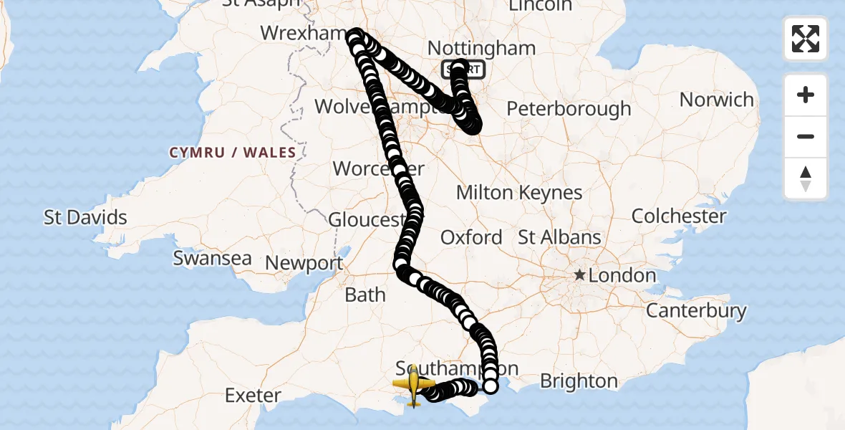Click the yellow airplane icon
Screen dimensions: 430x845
[x=414, y=386]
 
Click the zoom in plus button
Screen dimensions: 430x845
[x=806, y=95]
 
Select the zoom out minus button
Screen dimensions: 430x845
[x=806, y=136]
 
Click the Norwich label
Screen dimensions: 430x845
[x=717, y=100]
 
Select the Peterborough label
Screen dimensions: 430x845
[x=569, y=109]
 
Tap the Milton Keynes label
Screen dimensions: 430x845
[x=519, y=193]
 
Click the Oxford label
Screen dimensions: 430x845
[x=471, y=237]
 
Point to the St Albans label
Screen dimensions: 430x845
[x=559, y=237]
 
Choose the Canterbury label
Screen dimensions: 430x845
[x=696, y=311]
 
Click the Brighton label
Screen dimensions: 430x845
[x=579, y=381]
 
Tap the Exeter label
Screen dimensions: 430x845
[x=253, y=395]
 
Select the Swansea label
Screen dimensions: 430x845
[x=212, y=258]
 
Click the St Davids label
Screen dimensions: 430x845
[x=85, y=217]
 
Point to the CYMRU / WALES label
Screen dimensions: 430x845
[x=233, y=153]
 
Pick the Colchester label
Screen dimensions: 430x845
[x=679, y=216]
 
